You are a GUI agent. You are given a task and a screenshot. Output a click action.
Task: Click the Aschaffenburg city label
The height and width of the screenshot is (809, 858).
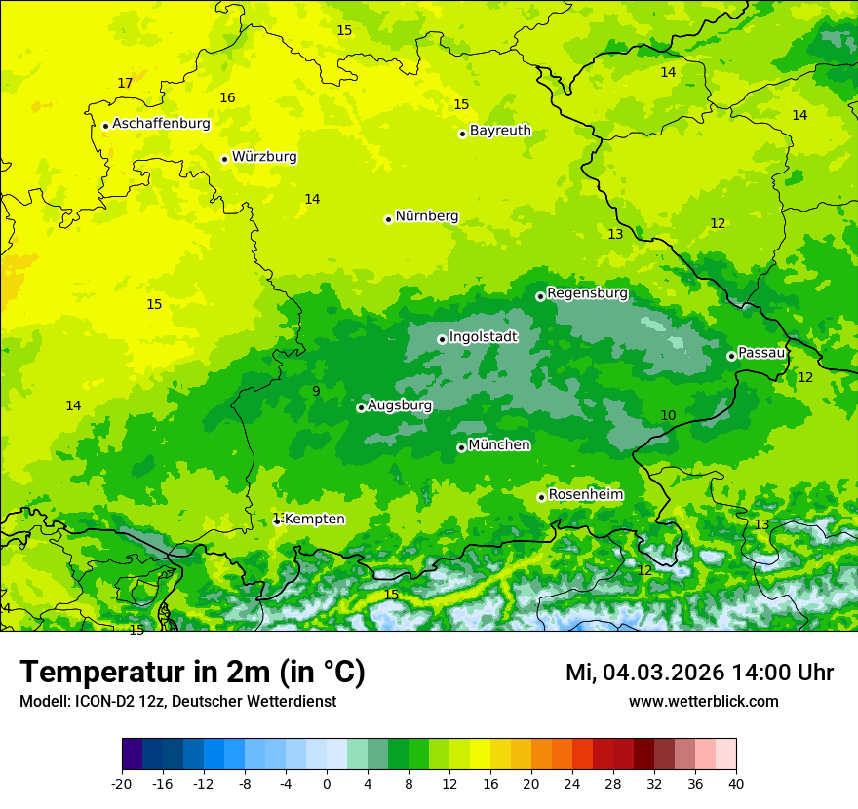click(x=161, y=124)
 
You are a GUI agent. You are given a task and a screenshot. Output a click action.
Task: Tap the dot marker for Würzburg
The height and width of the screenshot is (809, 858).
click(x=224, y=159)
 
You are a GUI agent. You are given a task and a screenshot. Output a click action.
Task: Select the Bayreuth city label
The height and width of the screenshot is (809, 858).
click(x=500, y=131)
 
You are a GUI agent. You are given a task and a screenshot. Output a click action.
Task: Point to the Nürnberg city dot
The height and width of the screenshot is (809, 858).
click(x=388, y=219)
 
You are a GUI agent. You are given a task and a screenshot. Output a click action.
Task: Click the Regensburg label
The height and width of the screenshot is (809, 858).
click(x=587, y=293)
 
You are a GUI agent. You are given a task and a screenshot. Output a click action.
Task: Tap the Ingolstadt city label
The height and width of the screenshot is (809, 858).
click(x=483, y=337)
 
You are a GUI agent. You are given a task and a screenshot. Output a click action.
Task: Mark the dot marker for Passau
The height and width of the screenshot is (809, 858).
click(x=731, y=356)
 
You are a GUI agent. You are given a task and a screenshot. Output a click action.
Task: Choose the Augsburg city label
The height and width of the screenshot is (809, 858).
click(x=400, y=405)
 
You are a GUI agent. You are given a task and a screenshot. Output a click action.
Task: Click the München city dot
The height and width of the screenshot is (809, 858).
click(x=461, y=447)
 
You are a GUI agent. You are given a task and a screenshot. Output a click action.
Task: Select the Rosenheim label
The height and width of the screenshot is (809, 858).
click(x=585, y=495)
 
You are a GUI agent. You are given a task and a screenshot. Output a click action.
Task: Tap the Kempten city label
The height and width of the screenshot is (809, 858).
click(x=314, y=520)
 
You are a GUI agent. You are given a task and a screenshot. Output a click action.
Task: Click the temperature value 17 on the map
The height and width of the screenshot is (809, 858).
click(x=125, y=84)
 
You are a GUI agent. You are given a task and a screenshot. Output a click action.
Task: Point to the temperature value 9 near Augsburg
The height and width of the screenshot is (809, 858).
click(x=316, y=392)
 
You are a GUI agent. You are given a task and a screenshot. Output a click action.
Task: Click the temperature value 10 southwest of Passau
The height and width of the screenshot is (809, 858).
click(x=668, y=416)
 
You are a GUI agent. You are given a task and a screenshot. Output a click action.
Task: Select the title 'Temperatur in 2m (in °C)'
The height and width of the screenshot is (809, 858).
click(x=192, y=673)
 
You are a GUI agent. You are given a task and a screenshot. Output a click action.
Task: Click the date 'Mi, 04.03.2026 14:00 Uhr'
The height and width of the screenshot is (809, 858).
click(x=699, y=673)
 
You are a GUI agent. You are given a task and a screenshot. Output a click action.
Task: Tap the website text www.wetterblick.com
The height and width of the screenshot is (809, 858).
click(x=703, y=702)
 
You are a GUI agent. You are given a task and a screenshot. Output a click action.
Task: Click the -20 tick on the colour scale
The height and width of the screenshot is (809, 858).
click(x=122, y=784)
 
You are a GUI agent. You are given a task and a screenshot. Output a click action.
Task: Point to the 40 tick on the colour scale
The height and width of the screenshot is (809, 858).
click(x=736, y=784)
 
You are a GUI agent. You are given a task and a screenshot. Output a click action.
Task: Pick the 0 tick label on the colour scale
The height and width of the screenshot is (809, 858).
click(x=327, y=784)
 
